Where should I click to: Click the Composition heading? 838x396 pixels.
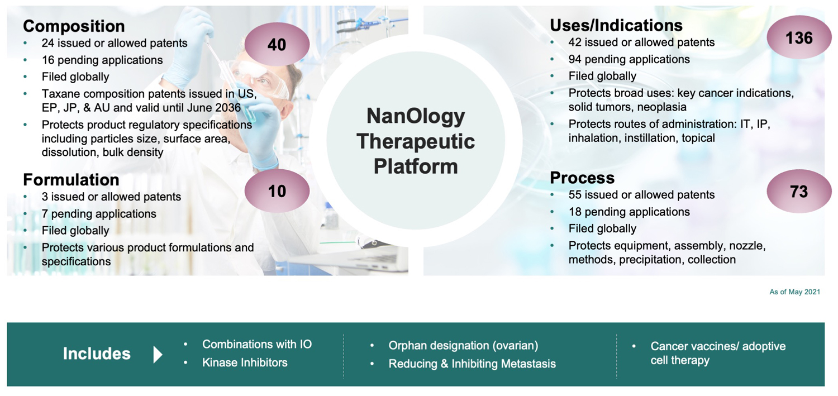tap(74, 26)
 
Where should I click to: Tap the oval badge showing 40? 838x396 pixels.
tap(277, 44)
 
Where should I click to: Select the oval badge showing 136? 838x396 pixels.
tap(799, 37)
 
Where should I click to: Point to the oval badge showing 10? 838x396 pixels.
tap(277, 191)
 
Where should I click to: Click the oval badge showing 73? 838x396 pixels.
tap(799, 192)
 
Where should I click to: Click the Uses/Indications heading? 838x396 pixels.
tap(616, 26)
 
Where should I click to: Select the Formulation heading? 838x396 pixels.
tap(71, 180)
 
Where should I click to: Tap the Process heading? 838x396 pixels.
tap(582, 178)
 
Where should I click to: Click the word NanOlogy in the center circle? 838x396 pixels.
tap(416, 116)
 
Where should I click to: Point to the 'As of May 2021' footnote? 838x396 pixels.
tap(794, 292)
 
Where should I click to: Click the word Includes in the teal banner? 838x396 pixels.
tap(97, 354)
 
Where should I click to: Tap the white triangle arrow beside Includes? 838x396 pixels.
tap(158, 355)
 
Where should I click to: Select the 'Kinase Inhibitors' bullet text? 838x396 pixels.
tap(245, 362)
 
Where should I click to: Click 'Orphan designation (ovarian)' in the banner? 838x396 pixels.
tap(463, 346)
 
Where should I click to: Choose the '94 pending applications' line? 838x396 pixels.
tap(629, 59)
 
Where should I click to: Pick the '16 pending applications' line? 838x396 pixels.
tap(102, 60)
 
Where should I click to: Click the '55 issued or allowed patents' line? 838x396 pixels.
tap(641, 195)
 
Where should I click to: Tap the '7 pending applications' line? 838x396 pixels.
tap(99, 214)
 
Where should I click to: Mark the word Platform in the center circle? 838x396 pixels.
tap(416, 166)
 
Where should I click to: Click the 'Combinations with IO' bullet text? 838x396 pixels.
tap(256, 345)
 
